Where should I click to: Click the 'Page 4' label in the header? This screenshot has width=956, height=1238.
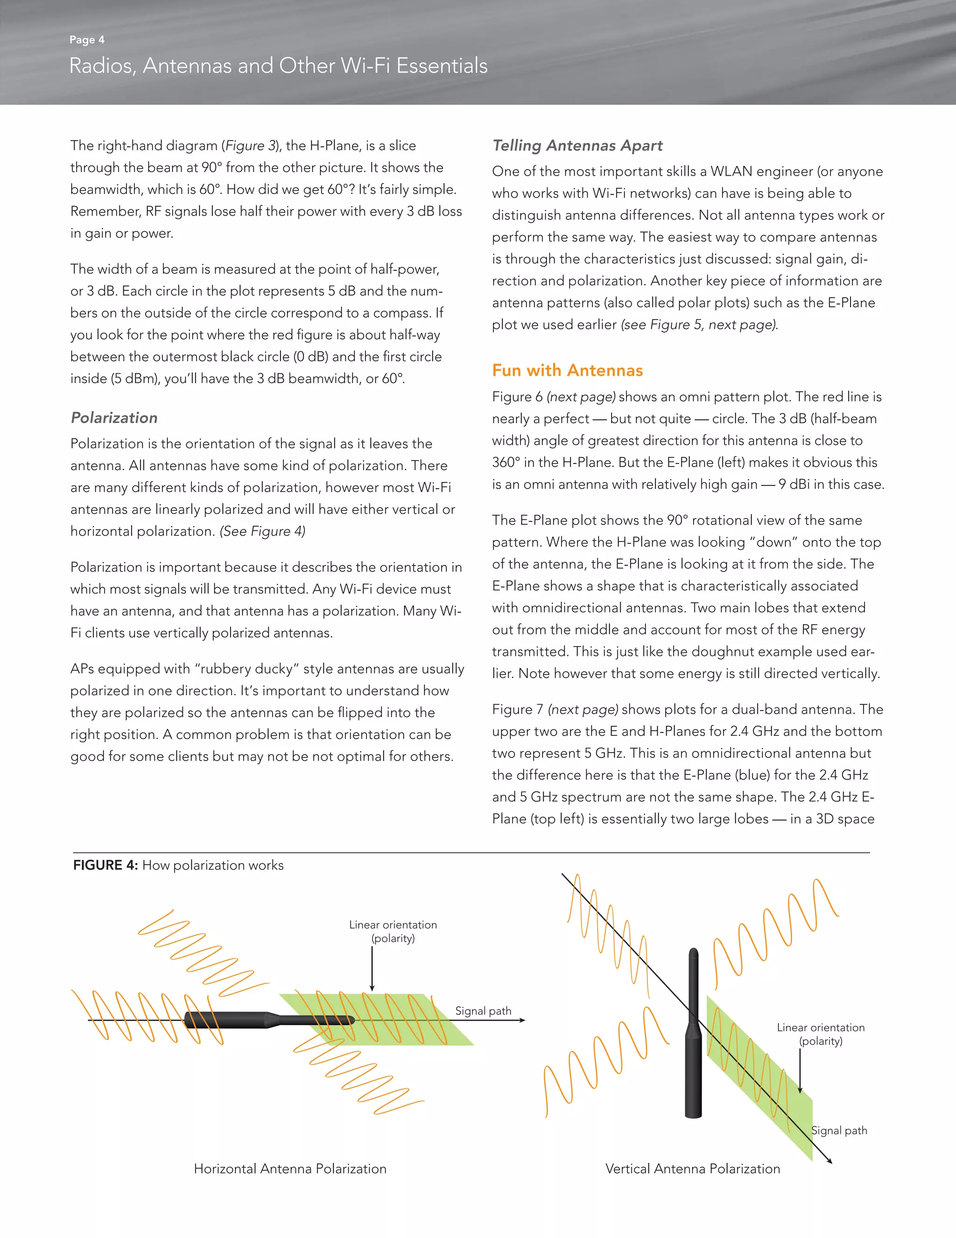tap(87, 40)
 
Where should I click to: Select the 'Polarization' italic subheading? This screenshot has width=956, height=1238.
tap(114, 418)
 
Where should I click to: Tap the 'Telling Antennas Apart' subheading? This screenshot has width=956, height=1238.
tap(577, 146)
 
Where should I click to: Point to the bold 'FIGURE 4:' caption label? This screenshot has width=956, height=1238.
tap(105, 865)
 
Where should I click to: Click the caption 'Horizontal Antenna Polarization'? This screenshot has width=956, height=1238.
tap(290, 1168)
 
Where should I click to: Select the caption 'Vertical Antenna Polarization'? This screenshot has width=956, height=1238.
tap(692, 1168)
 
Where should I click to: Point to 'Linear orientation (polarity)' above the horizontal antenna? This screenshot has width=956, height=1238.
tap(393, 932)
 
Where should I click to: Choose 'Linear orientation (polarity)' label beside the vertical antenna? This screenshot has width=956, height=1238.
tap(821, 1034)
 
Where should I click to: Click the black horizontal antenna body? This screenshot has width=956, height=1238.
tap(238, 1020)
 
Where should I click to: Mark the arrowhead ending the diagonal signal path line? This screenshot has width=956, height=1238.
tap(829, 1161)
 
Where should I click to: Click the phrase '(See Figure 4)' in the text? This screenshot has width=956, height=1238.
tap(262, 531)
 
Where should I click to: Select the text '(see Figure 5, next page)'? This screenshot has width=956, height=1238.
tap(699, 325)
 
